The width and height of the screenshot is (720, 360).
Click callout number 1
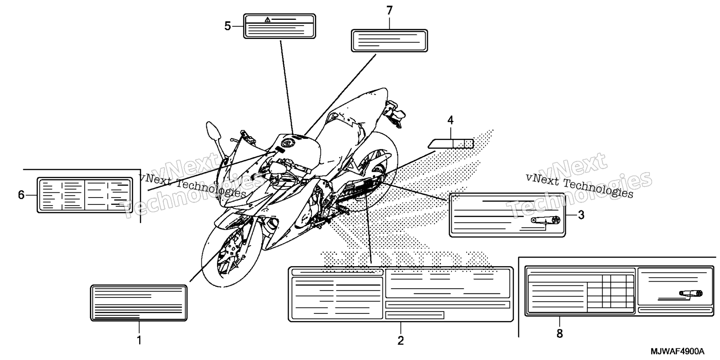tap(139, 340)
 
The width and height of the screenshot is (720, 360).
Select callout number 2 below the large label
tap(400, 340)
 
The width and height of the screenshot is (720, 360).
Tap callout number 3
tap(581, 215)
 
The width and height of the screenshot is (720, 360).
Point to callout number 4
tap(450, 120)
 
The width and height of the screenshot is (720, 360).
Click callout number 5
tap(228, 26)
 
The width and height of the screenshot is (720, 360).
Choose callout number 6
tap(21, 195)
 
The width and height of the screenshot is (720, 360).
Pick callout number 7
tap(389, 11)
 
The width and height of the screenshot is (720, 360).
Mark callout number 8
tap(559, 333)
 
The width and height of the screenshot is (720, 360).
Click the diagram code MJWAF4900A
tap(678, 352)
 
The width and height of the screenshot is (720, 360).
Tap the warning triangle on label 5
tap(267, 19)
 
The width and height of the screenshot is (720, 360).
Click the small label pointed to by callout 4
tap(451, 143)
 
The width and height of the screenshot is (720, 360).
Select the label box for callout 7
tap(389, 40)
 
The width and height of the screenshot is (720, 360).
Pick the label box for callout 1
tap(139, 303)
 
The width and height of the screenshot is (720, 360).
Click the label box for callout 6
tap(84, 195)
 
